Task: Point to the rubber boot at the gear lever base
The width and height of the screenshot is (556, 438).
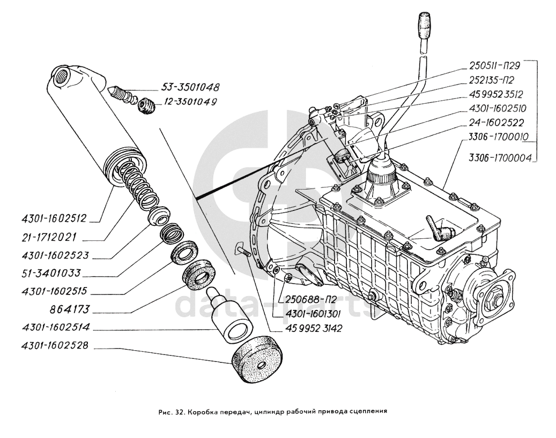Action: point(381,171)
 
